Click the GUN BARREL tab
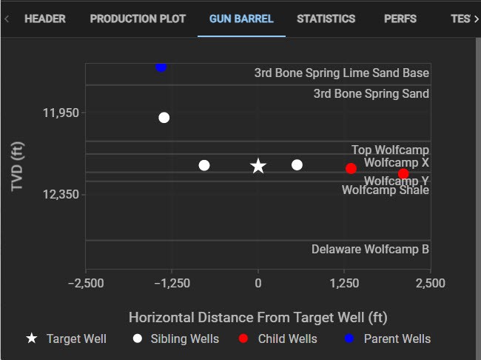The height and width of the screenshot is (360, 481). [x=241, y=19]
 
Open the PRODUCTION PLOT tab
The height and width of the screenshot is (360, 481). [x=138, y=19]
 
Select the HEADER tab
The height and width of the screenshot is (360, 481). [x=45, y=19]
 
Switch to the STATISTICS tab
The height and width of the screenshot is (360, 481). [x=326, y=19]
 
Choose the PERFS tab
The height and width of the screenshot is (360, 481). [x=400, y=19]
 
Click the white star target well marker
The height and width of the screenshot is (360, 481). [x=258, y=166]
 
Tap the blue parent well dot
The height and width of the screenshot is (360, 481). [x=161, y=67]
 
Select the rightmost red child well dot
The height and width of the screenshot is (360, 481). [x=403, y=174]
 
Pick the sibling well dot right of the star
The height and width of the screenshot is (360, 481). [x=297, y=164]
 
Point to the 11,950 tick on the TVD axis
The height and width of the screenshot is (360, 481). [x=60, y=113]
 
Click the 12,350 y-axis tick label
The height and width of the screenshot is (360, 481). [x=60, y=194]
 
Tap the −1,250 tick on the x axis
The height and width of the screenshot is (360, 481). [x=172, y=284]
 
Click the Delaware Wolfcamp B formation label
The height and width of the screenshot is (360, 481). [x=370, y=250]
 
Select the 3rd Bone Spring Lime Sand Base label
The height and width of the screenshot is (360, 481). [x=341, y=73]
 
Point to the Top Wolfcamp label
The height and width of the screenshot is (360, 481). [x=390, y=150]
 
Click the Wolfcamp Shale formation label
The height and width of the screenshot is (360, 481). [x=385, y=190]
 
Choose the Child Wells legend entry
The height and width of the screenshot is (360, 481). [x=287, y=339]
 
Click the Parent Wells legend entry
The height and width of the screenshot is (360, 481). [x=397, y=339]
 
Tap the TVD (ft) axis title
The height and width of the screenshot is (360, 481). [x=18, y=166]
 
